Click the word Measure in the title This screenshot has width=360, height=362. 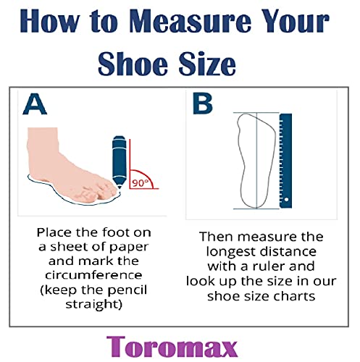pos(191,21)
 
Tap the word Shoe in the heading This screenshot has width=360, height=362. pos(133,64)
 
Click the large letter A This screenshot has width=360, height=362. pos(35,104)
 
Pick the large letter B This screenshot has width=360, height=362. pos(203,104)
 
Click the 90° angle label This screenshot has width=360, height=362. pos(140,183)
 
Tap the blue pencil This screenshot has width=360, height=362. pos(120,162)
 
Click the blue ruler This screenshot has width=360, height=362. pos(285,161)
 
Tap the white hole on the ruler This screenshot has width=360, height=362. pos(286,200)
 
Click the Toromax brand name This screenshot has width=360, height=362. pos(172,346)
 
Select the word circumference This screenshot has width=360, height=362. pos(93,275)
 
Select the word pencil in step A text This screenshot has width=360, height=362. pos(127,290)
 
